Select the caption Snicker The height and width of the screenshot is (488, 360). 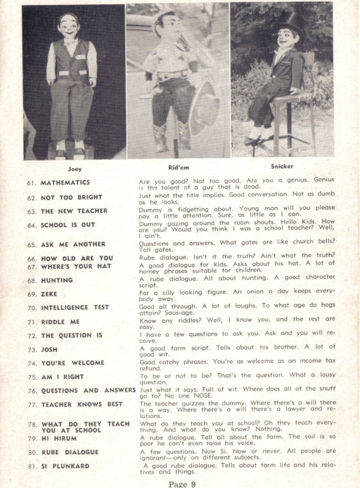coord(282,166)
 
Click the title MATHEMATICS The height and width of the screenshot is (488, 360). coord(65,182)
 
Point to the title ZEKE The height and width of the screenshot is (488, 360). coord(49,294)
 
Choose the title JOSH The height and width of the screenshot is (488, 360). coord(49,350)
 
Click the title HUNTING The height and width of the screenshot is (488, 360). coord(56,280)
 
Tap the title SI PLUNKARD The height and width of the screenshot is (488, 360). coord(65,466)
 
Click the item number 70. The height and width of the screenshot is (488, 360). coord(32,307)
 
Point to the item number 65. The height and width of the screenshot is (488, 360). coord(32,244)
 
